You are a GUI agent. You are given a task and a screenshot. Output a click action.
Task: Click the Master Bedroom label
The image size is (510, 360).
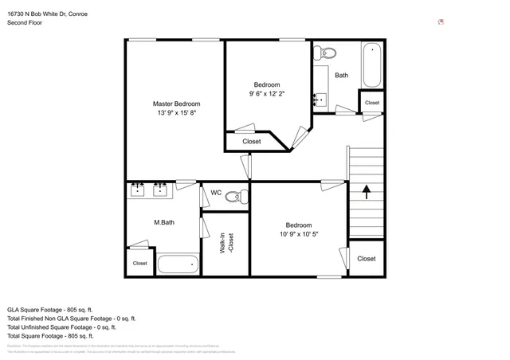tap(176, 104)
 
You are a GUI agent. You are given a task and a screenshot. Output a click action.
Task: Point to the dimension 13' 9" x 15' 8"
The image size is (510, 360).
tap(176, 114)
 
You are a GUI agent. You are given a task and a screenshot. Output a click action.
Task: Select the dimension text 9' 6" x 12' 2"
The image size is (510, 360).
tap(266, 94)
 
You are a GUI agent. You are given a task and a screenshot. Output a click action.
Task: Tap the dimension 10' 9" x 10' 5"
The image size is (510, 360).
tap(299, 234)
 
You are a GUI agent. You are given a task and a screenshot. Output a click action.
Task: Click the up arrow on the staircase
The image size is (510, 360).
tap(367, 191)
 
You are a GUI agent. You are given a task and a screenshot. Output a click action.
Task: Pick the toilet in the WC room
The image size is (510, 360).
tap(234, 195)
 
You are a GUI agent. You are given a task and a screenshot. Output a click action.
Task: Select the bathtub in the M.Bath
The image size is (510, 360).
tap(177, 264)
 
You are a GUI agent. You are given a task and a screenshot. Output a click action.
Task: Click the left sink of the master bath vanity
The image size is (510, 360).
tap(138, 190)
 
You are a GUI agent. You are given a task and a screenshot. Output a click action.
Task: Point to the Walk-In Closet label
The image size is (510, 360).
tap(227, 243)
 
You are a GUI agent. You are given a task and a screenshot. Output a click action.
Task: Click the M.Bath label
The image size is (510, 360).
tap(164, 222)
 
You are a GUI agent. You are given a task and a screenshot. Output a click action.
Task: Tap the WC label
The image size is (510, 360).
tap(216, 193)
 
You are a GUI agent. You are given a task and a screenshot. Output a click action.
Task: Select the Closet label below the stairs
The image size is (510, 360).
tap(367, 259)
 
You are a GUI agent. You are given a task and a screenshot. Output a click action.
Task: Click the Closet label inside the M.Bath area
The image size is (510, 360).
tap(139, 263)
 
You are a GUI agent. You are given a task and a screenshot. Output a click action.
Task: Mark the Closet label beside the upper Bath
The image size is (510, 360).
tap(372, 103)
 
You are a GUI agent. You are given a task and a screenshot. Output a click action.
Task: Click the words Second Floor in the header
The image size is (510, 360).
tap(24, 23)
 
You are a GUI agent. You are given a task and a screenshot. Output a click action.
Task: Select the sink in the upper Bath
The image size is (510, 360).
tap(320, 99)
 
